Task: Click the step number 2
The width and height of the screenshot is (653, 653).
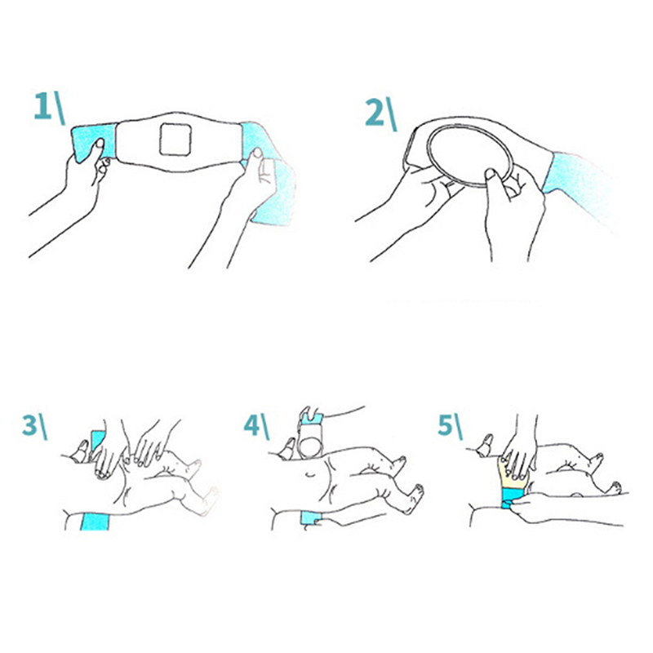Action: tap(375, 113)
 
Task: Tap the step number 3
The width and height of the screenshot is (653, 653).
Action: tap(29, 424)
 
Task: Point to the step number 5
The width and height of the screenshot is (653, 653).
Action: tap(445, 424)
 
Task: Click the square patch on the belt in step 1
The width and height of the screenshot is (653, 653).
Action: tap(175, 139)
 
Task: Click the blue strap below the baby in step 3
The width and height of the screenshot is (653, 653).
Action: tap(95, 522)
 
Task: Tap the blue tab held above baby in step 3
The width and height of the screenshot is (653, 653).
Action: tap(97, 441)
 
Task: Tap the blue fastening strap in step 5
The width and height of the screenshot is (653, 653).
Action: tap(512, 499)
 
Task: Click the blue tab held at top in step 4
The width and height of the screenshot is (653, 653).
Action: tap(312, 418)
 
